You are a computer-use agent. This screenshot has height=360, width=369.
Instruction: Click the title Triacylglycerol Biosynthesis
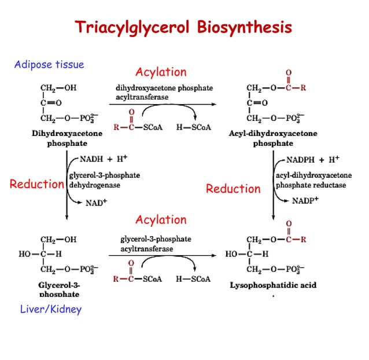click(x=184, y=28)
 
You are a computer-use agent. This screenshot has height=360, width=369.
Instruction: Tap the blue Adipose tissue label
click(x=49, y=64)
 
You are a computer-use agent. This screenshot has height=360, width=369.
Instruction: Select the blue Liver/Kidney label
click(x=51, y=309)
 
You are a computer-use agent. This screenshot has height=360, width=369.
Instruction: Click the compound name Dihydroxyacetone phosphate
click(x=67, y=138)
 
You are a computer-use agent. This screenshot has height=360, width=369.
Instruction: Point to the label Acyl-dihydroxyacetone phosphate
click(x=273, y=138)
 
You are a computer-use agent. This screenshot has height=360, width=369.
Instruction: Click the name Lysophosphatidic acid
click(x=273, y=285)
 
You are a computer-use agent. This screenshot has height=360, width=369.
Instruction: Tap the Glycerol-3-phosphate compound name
click(x=59, y=289)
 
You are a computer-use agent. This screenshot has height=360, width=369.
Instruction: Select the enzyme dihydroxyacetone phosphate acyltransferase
click(x=164, y=93)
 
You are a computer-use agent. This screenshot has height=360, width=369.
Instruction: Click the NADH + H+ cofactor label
click(x=107, y=158)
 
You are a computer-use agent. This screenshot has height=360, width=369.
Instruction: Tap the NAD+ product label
click(x=97, y=203)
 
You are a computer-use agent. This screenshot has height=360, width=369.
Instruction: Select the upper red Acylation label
click(x=161, y=72)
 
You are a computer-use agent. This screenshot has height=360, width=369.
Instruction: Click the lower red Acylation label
click(x=161, y=220)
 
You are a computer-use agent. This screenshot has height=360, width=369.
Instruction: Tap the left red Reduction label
click(x=36, y=185)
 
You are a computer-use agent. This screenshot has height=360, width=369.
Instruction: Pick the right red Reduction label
click(x=233, y=189)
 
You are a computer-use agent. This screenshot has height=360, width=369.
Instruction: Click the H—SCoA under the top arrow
click(x=193, y=127)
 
